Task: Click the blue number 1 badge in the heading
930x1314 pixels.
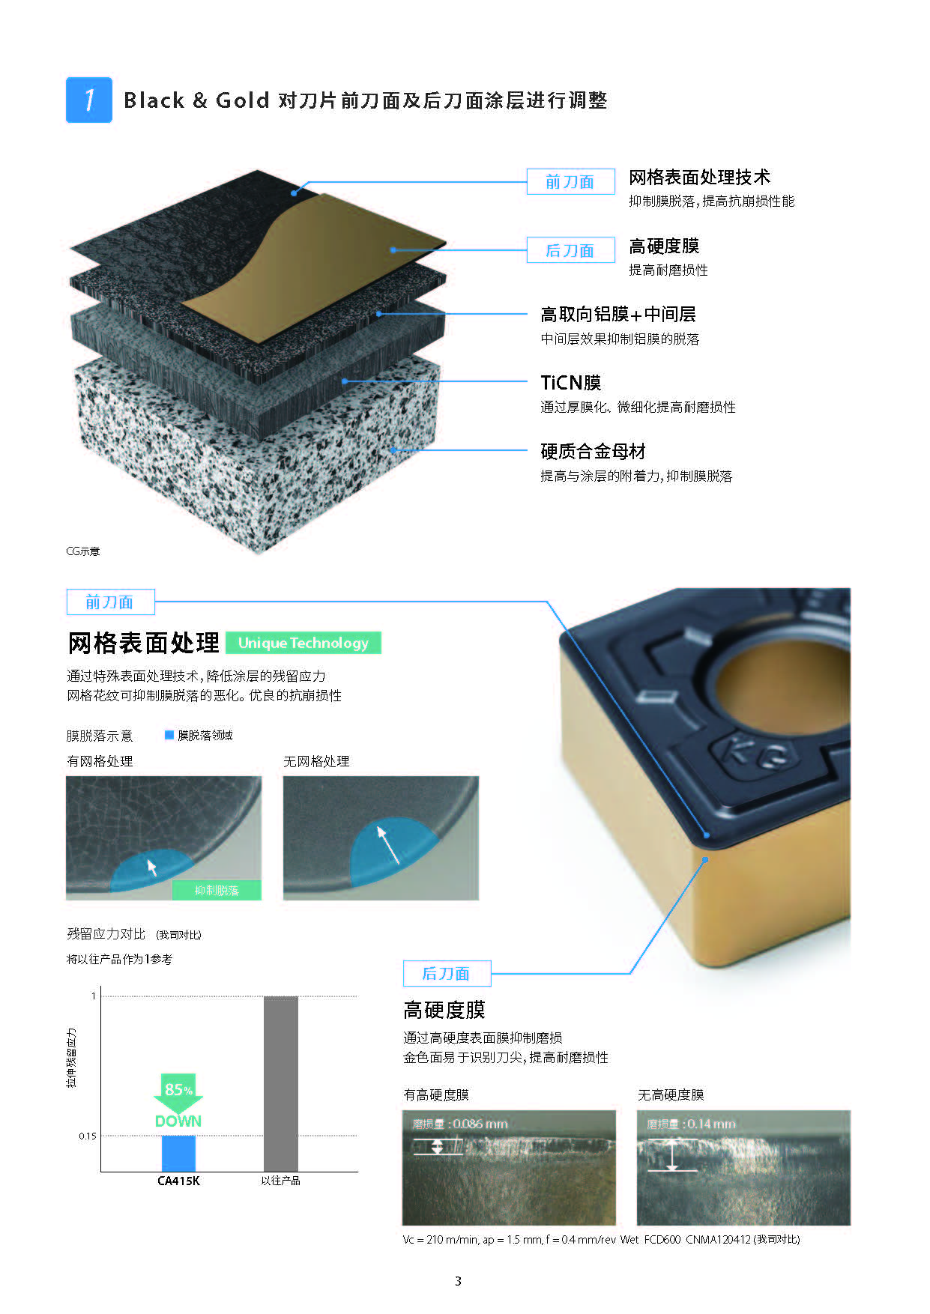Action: point(89,100)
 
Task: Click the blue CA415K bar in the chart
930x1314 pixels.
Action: point(178,1154)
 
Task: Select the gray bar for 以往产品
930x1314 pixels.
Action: point(280,1084)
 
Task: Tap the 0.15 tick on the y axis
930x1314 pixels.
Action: point(87,1136)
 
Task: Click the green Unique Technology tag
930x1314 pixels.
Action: point(304,643)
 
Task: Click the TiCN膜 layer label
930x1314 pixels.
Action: point(571,383)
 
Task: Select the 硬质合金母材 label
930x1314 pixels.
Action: point(593,452)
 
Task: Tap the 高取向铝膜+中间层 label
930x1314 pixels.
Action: point(618,315)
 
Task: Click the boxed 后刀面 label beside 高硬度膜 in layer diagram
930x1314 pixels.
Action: point(570,250)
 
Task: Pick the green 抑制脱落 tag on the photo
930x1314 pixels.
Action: point(217,890)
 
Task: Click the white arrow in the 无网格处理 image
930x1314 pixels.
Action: point(389,844)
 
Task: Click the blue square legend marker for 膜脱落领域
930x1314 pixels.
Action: point(169,735)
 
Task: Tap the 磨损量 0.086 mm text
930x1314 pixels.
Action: point(460,1124)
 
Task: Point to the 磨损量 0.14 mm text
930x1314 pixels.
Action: point(691,1124)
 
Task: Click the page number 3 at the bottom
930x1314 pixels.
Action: point(458,1281)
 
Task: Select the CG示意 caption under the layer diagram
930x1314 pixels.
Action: point(82,551)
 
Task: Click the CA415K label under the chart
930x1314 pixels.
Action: point(178,1181)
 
